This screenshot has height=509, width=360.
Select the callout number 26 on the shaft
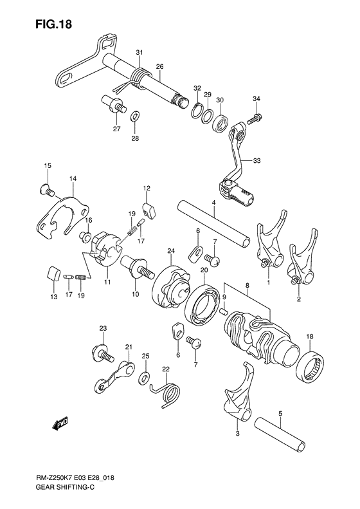159,66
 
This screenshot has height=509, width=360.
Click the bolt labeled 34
255,118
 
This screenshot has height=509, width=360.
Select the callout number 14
73,178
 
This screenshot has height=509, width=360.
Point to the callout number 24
171,251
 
